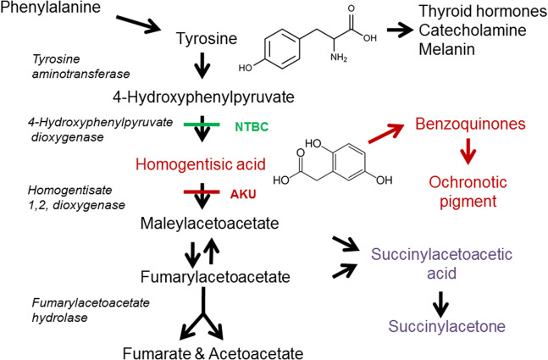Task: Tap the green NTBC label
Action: point(252,127)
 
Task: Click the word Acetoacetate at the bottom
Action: point(239,350)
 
